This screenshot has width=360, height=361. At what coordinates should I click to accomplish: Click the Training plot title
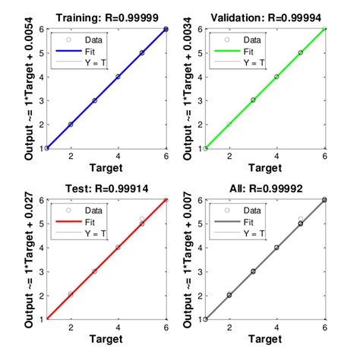(107, 17)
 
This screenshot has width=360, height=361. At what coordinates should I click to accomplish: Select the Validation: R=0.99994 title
(266, 17)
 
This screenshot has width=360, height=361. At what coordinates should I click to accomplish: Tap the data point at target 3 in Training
(94, 100)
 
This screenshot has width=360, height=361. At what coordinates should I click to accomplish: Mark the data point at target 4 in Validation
(276, 77)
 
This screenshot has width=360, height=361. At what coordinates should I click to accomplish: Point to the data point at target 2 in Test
(71, 294)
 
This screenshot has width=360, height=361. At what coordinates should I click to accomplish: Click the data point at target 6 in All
(324, 200)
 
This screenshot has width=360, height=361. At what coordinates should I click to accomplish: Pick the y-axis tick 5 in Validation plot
(199, 52)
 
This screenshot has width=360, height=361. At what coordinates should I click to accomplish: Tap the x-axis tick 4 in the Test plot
(118, 328)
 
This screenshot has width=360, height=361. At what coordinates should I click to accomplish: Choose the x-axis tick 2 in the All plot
(229, 328)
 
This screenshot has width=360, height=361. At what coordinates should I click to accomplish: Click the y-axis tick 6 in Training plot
(40, 29)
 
